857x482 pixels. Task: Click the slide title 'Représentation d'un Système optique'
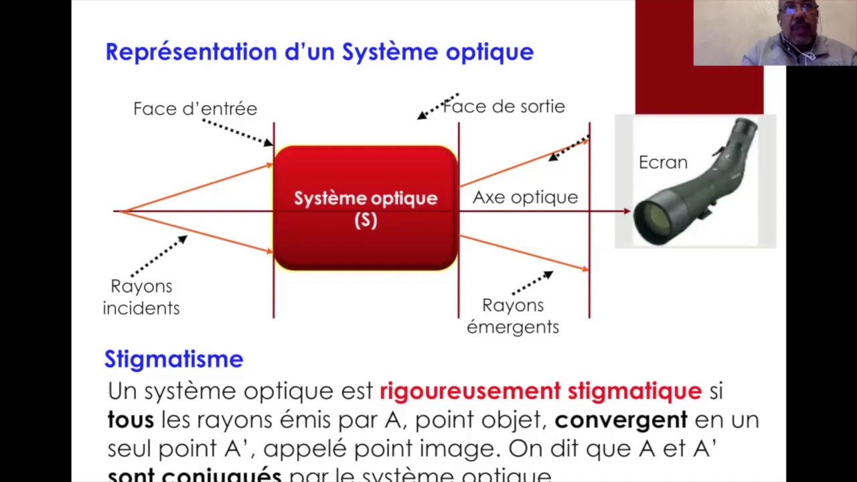[x=319, y=52]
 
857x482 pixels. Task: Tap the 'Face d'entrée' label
[x=195, y=108]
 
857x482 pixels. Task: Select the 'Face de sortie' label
[x=504, y=106]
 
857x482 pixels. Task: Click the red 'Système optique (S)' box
[x=366, y=208]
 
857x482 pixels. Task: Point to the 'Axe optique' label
[x=525, y=197]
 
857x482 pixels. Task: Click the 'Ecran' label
[x=663, y=163]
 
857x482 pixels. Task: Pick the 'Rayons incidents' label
[x=141, y=297]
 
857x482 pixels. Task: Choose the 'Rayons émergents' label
[x=513, y=316]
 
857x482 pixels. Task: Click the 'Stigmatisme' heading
[x=173, y=359]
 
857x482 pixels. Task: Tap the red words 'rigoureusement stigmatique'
[x=540, y=390]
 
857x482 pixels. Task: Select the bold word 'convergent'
[x=621, y=420]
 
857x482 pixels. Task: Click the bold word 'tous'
[x=131, y=420]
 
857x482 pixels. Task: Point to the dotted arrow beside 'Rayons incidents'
[x=159, y=256]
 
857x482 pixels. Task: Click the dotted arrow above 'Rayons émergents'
[x=532, y=283]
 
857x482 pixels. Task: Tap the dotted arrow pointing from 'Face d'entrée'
[x=238, y=132]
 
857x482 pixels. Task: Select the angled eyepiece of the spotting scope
[x=743, y=130]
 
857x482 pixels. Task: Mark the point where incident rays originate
[x=121, y=212]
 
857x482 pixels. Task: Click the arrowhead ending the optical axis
[x=627, y=212]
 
